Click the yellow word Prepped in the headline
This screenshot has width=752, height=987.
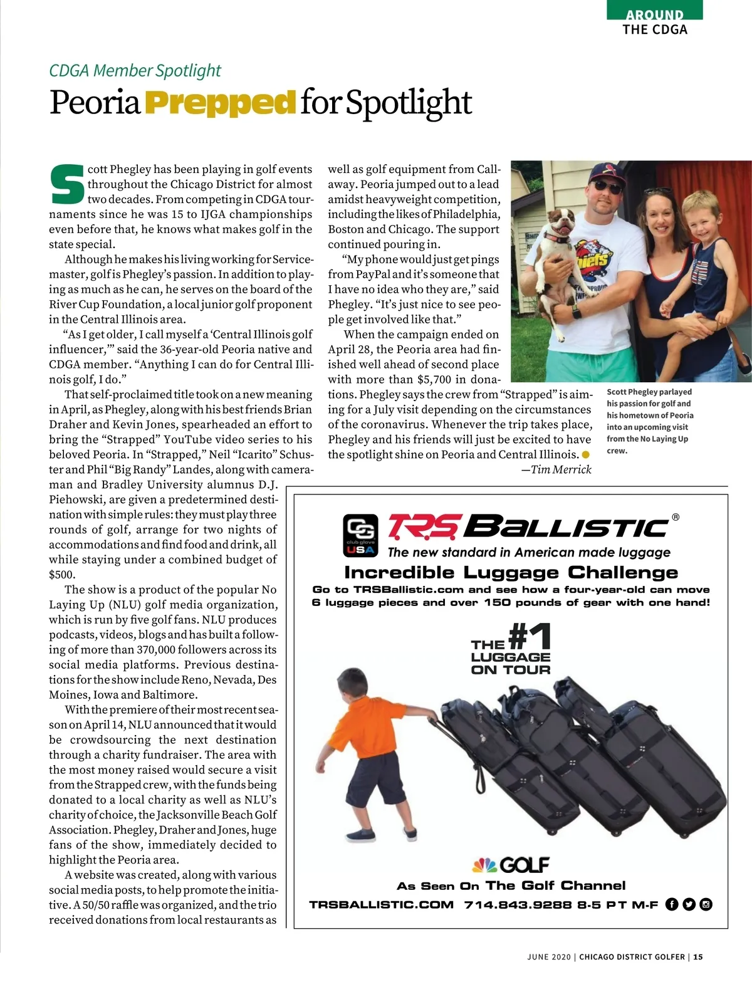click(220, 103)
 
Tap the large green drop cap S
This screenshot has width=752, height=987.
click(66, 185)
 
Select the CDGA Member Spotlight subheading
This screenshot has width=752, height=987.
click(135, 70)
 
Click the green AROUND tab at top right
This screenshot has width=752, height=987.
click(654, 13)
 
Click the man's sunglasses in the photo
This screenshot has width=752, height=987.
click(608, 187)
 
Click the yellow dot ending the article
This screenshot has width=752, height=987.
click(586, 454)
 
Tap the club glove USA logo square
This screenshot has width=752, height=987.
click(360, 535)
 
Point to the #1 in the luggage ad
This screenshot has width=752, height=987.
click(530, 637)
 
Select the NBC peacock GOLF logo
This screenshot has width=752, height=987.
click(510, 865)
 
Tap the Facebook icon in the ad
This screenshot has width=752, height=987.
click(672, 904)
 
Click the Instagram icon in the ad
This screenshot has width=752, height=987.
click(706, 904)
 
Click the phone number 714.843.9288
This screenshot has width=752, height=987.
click(509, 905)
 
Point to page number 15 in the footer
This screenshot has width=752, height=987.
click(698, 957)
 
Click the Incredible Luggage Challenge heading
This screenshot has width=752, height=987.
click(511, 572)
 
